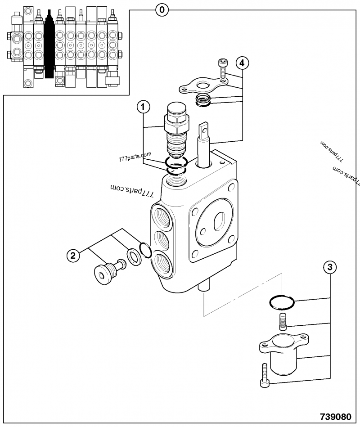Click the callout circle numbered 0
tap(162, 9)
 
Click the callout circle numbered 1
tap(143, 107)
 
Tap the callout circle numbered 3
tap(330, 267)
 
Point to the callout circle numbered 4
tap(242, 63)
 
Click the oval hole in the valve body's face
tap(218, 222)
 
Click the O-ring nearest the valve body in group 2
tap(145, 250)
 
